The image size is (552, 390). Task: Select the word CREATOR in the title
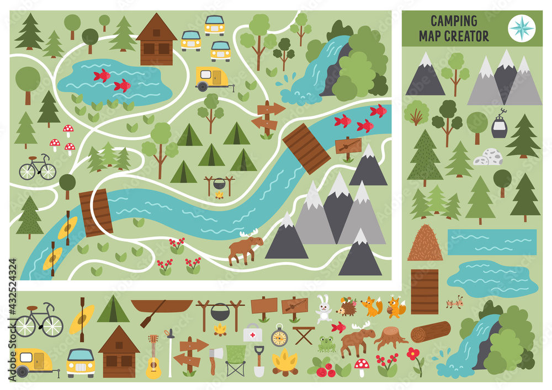(x=468, y=36)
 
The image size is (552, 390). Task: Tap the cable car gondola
(x=500, y=125)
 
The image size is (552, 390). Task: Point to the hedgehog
(x=347, y=307)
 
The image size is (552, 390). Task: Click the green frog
(x=327, y=344)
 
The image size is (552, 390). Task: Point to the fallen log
(x=431, y=332)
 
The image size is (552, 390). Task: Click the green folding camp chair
(x=236, y=360)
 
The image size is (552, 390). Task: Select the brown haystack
(x=425, y=243)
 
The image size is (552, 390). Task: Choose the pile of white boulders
(x=488, y=157)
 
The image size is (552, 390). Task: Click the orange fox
(x=371, y=306)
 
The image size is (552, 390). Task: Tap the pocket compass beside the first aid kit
(x=279, y=335)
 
